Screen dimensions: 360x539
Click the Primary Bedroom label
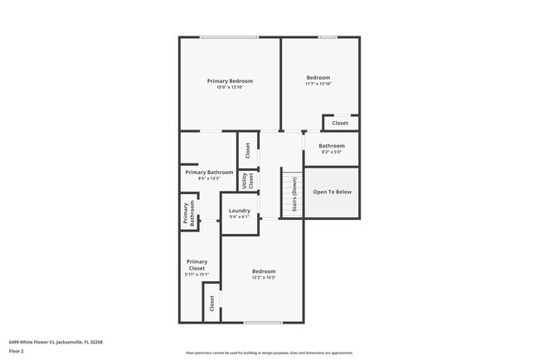[230, 80]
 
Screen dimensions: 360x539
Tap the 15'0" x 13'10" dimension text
[230, 87]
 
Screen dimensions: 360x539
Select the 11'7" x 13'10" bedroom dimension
[318, 84]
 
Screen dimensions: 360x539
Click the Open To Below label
[332, 192]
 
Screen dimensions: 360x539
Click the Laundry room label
[239, 211]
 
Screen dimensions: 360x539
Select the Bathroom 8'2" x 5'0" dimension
[332, 152]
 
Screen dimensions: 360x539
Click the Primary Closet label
[197, 265]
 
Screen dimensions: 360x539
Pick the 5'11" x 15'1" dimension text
[197, 275]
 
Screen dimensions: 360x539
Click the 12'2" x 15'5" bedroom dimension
[264, 277]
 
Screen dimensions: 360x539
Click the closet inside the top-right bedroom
[340, 123]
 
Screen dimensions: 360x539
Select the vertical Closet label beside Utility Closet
[247, 150]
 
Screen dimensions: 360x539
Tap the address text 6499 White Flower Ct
[56, 341]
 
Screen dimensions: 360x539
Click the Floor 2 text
[17, 351]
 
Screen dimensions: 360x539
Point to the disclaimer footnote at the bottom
[269, 353]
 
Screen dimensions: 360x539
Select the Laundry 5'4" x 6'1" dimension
[239, 217]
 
